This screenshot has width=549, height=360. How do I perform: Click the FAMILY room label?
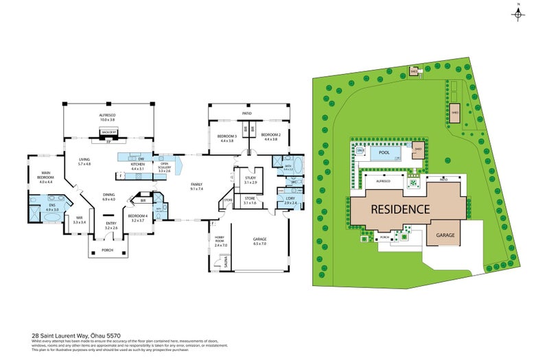click(197, 185)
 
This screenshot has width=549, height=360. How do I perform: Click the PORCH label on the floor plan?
click(108, 250)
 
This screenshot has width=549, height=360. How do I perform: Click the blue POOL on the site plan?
click(384, 154)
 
